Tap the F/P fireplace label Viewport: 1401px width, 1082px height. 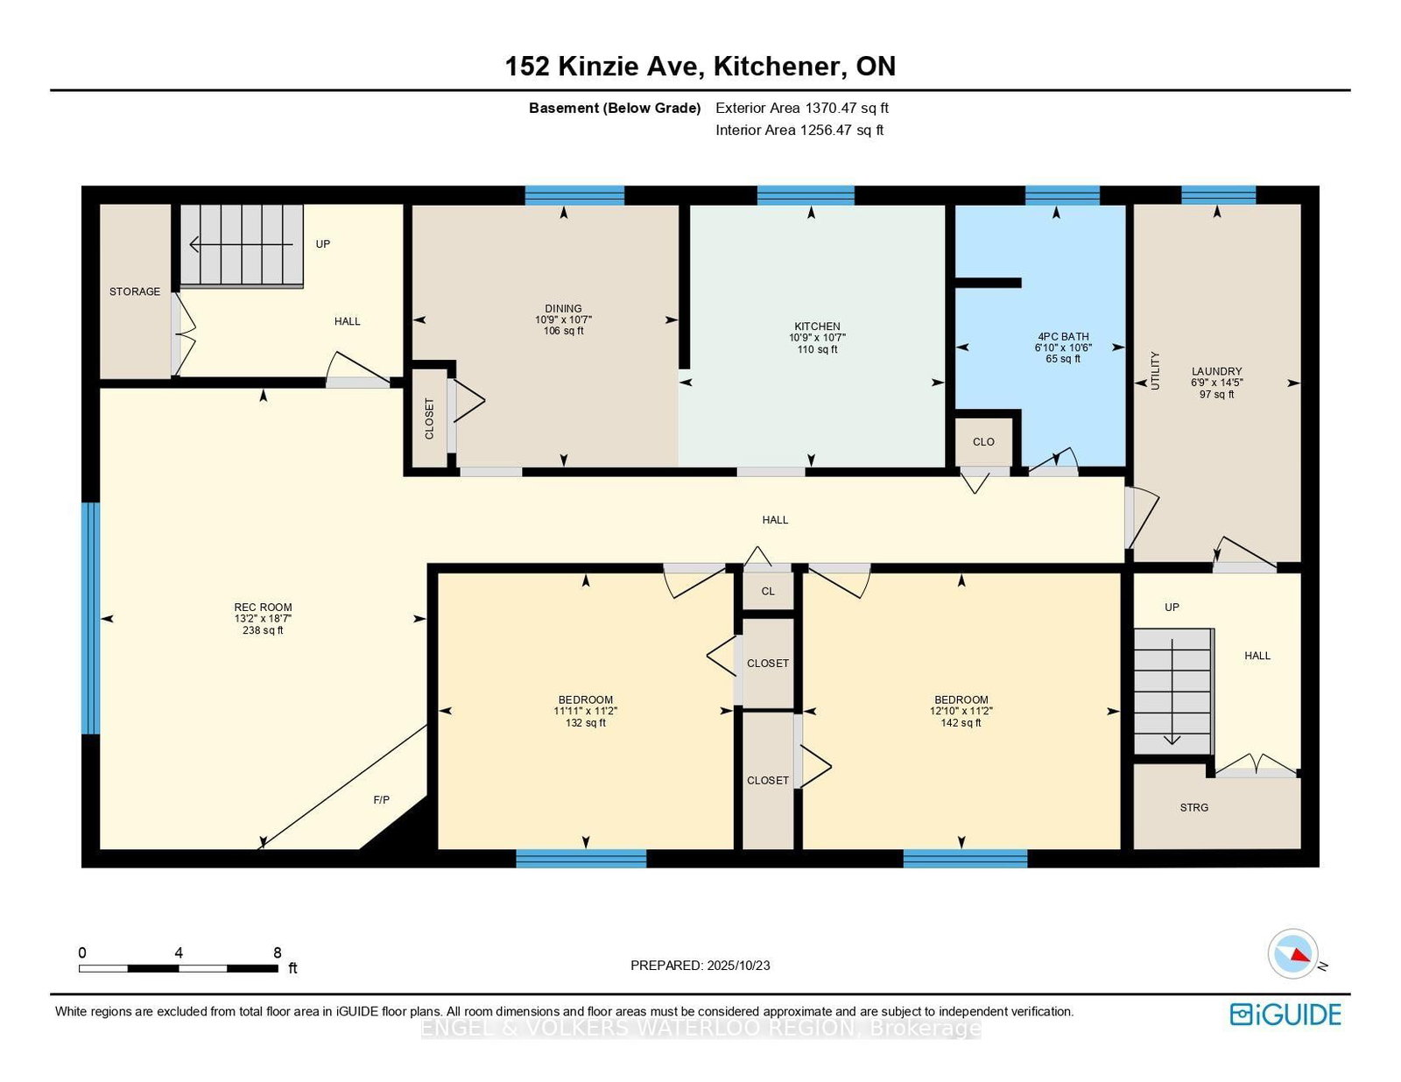coord(382,799)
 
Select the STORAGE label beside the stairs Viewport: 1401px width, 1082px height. coord(135,292)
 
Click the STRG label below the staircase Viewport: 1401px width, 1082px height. coord(1193,807)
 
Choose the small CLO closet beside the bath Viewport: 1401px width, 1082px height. coord(983,442)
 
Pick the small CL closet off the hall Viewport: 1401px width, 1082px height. coord(768,591)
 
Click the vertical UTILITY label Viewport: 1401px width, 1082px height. coord(1155,370)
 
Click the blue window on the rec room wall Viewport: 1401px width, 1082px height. coord(90,617)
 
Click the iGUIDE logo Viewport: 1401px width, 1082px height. coord(1285,1014)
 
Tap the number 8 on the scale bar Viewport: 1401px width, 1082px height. coord(278,952)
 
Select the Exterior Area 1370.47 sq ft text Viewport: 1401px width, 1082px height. coord(801,108)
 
